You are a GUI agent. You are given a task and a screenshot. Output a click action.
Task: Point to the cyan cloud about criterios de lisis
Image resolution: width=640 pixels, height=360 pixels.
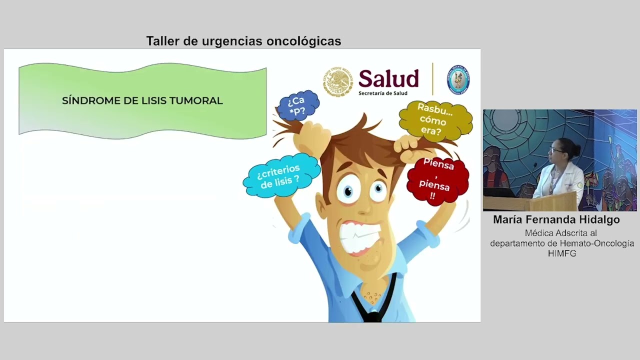click(x=280, y=176)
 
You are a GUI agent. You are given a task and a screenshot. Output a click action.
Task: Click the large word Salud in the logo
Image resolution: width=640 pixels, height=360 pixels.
click(x=388, y=79)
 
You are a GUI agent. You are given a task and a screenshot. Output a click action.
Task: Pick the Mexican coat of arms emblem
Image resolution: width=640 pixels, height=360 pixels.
click(x=338, y=81)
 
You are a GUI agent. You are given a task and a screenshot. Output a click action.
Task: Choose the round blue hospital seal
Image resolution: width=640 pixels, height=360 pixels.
click(x=457, y=79)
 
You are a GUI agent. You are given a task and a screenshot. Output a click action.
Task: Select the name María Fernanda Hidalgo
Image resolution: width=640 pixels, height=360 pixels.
click(x=556, y=219)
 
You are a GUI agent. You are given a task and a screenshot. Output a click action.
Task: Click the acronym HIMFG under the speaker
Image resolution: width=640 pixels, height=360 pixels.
click(x=562, y=253)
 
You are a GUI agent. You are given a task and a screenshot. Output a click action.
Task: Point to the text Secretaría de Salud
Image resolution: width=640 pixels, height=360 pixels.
click(x=382, y=93)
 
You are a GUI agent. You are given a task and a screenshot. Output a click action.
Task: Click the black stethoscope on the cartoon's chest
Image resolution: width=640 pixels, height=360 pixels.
click(x=373, y=305)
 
